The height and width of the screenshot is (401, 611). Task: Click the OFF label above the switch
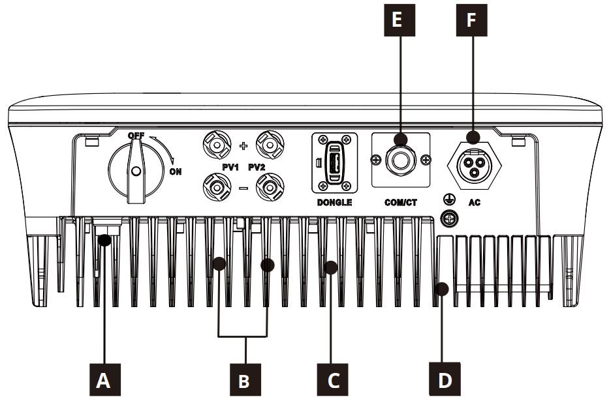(136, 136)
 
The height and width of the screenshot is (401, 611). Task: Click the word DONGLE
(335, 203)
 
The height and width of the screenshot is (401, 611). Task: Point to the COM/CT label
(400, 203)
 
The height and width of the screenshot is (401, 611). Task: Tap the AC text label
(475, 203)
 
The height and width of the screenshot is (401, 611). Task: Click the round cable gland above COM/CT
(400, 160)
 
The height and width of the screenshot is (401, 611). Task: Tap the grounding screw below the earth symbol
(448, 218)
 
